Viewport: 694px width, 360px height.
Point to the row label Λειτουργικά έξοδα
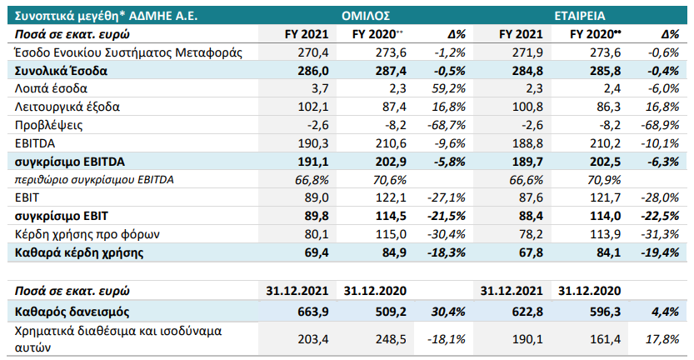(x=67, y=107)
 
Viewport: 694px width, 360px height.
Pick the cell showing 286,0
(x=312, y=71)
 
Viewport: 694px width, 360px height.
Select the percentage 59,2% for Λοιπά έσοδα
(x=449, y=88)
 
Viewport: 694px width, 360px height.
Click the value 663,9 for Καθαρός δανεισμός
(x=312, y=312)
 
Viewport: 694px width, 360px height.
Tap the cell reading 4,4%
(x=663, y=312)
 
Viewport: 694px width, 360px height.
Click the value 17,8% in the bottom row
(x=662, y=339)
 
